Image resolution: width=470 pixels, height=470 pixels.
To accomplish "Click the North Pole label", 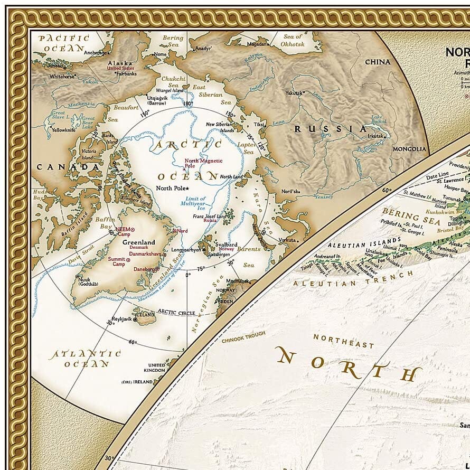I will coord(171,189).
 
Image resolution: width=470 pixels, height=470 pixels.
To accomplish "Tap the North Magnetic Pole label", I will coord(203,163).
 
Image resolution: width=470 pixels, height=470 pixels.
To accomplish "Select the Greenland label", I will coord(139,242).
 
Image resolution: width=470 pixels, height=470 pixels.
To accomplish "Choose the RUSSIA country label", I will coord(330,129).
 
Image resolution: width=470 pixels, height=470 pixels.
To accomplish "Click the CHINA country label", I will coord(378,62).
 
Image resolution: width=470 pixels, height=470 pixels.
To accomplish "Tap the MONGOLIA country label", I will coord(409,149).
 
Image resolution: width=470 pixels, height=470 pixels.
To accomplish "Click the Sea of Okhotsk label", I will coord(293,40).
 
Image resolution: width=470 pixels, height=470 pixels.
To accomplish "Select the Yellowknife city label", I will coord(64,129).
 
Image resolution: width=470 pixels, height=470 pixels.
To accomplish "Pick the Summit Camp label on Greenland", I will coord(117,262).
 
